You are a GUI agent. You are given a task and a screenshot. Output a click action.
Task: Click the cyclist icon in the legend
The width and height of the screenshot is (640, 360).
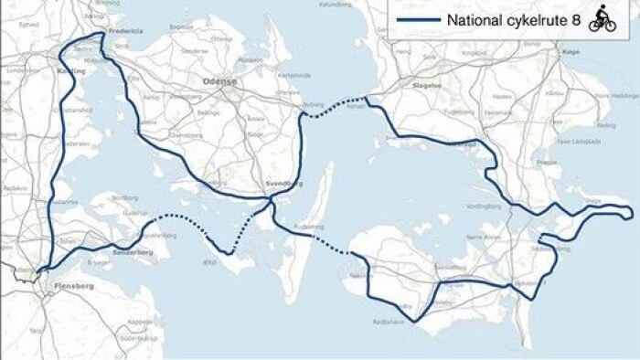click(x=602, y=18)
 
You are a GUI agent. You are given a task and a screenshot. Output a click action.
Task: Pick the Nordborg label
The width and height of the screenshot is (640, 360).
click(x=124, y=197)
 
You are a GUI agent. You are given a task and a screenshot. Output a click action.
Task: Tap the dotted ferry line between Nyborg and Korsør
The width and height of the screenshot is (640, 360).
click(x=333, y=108)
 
